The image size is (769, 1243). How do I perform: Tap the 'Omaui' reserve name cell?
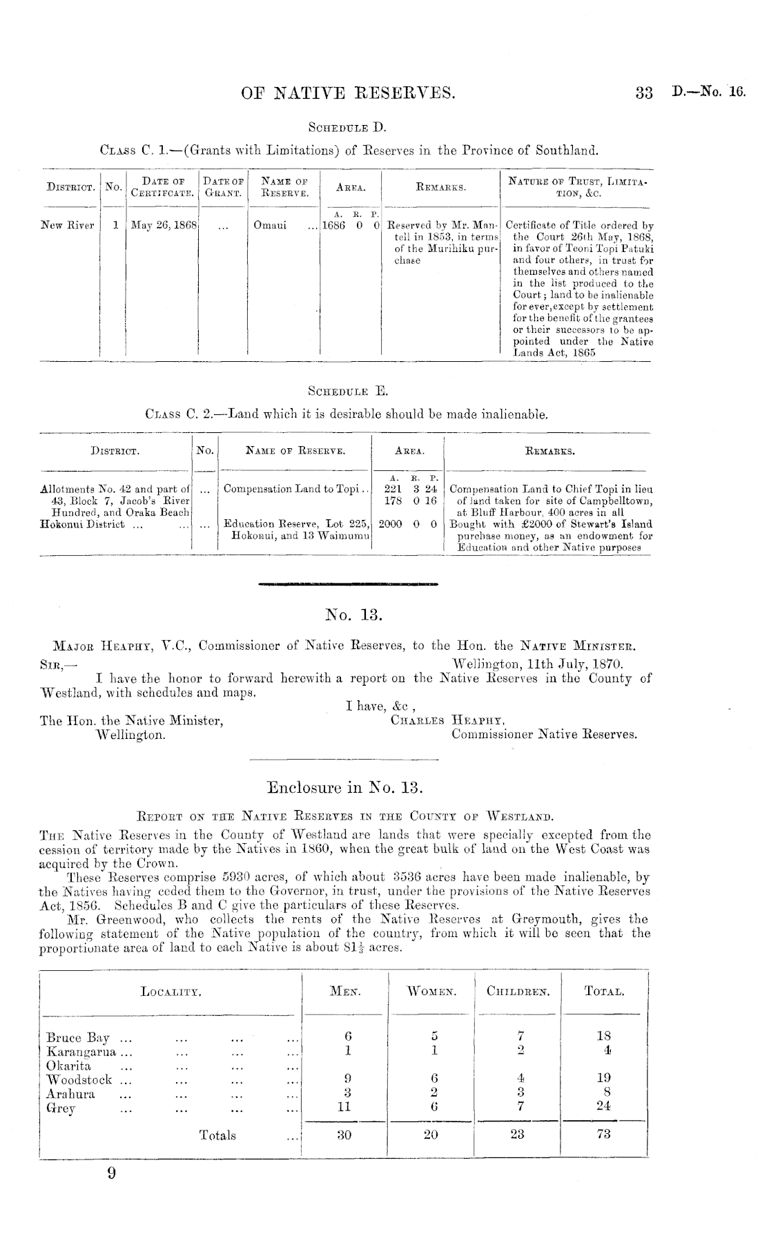267,226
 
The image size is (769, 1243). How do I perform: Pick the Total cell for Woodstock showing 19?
603,1079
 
